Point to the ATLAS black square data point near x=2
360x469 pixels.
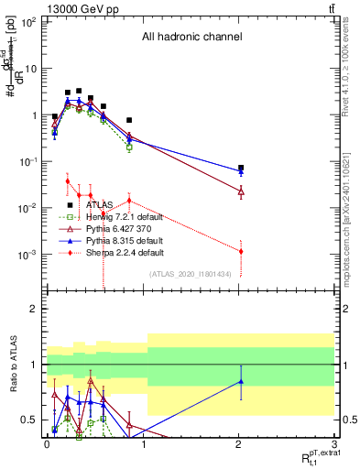(x=241, y=169)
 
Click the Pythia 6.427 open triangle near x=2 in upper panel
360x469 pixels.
(x=241, y=191)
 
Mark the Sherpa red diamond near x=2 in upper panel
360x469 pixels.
(x=241, y=251)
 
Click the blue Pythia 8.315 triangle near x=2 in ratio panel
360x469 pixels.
(x=241, y=381)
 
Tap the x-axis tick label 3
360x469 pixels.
(x=334, y=444)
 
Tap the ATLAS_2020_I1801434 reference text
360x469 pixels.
(x=191, y=274)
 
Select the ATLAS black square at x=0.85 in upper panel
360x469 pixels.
(x=129, y=120)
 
